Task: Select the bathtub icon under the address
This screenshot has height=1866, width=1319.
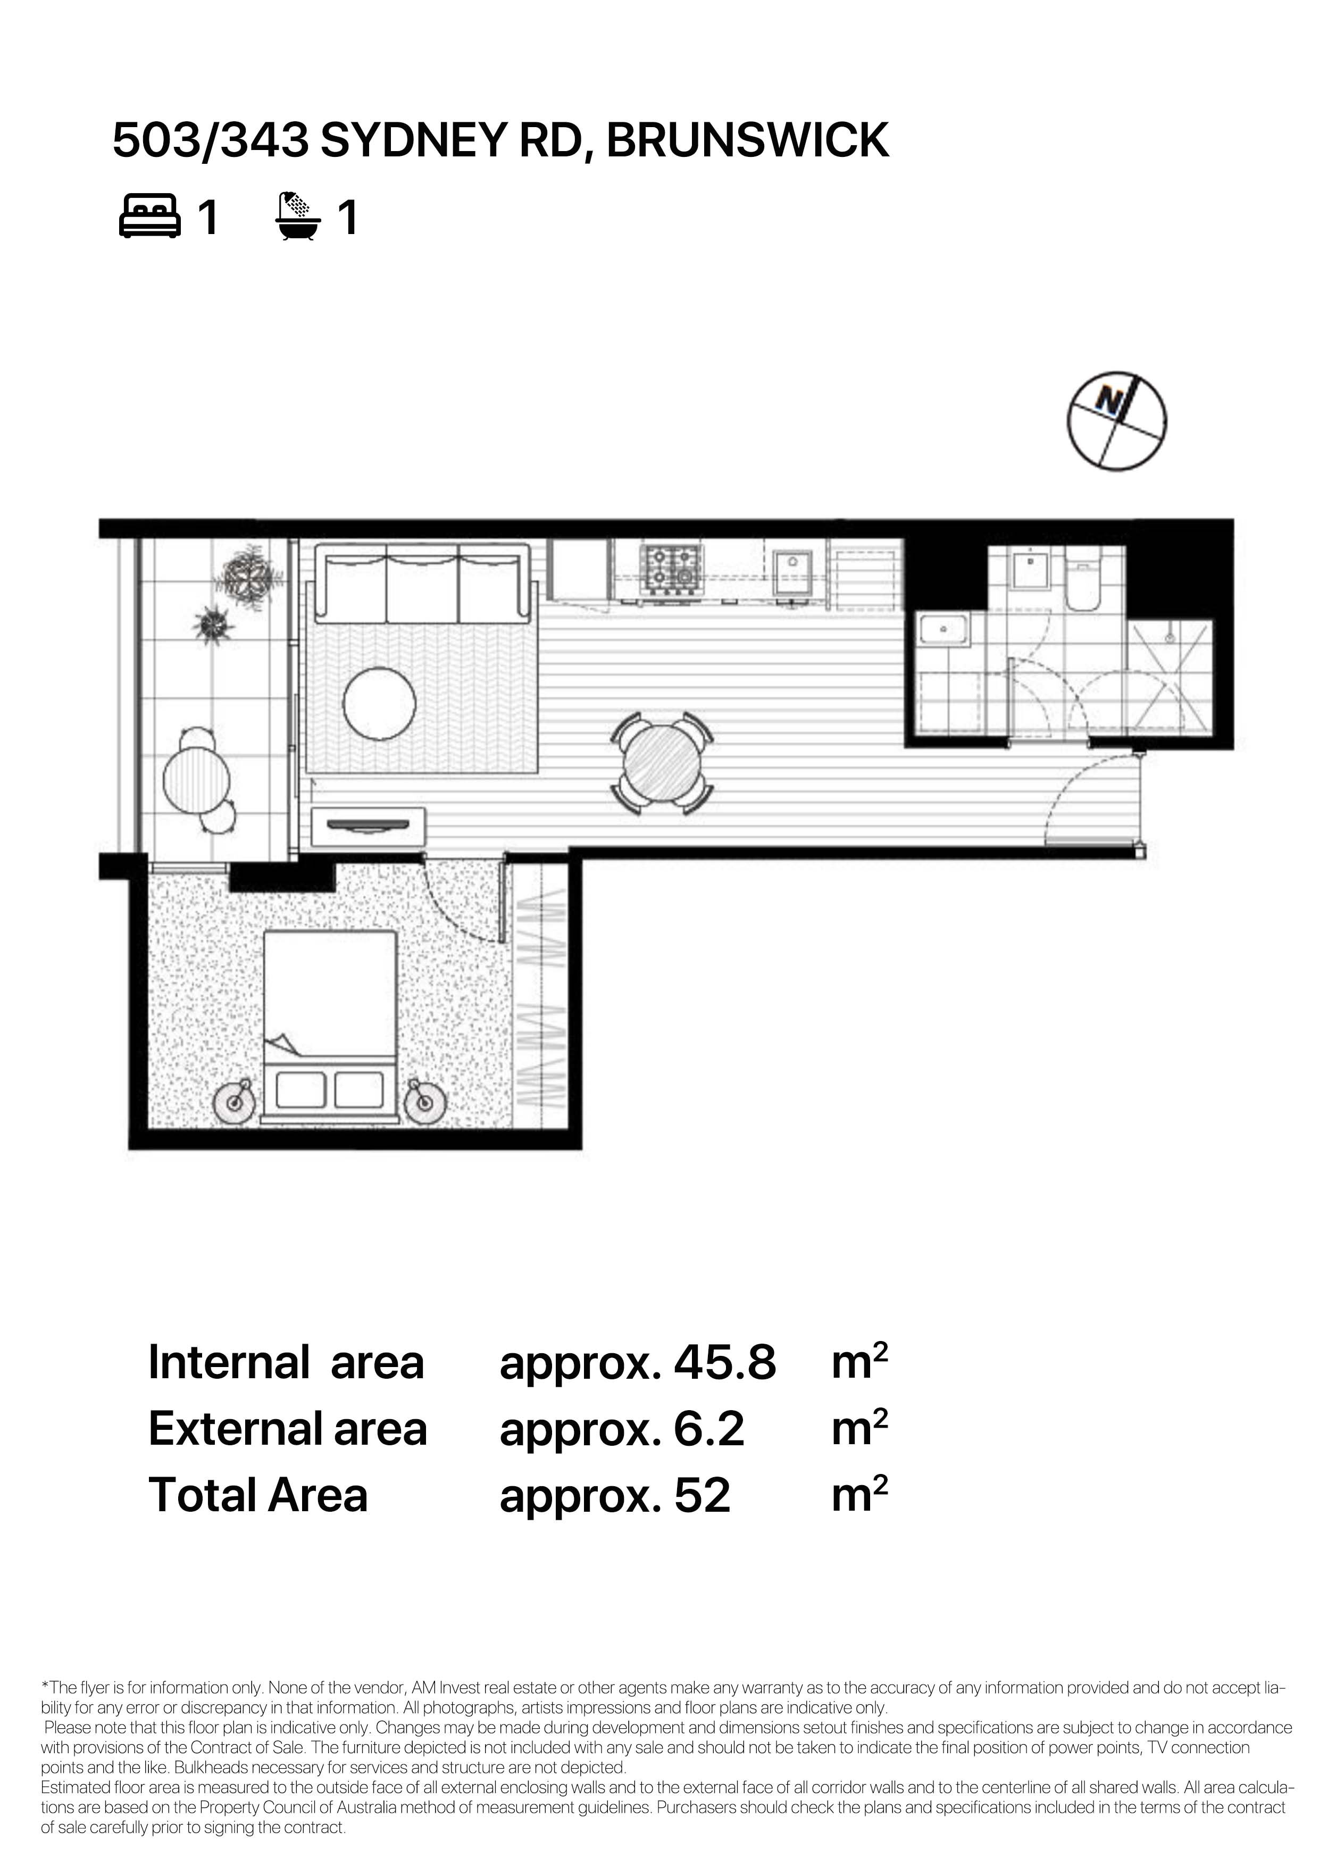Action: (299, 216)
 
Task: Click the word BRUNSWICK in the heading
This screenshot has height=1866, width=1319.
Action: (748, 140)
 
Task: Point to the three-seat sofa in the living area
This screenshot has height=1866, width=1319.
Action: (423, 585)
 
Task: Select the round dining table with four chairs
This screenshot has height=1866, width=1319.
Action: (662, 763)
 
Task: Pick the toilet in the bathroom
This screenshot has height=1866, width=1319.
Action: (1082, 579)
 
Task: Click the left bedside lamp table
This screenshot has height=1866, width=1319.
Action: (236, 1102)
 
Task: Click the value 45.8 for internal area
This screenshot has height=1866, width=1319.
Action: (725, 1363)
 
